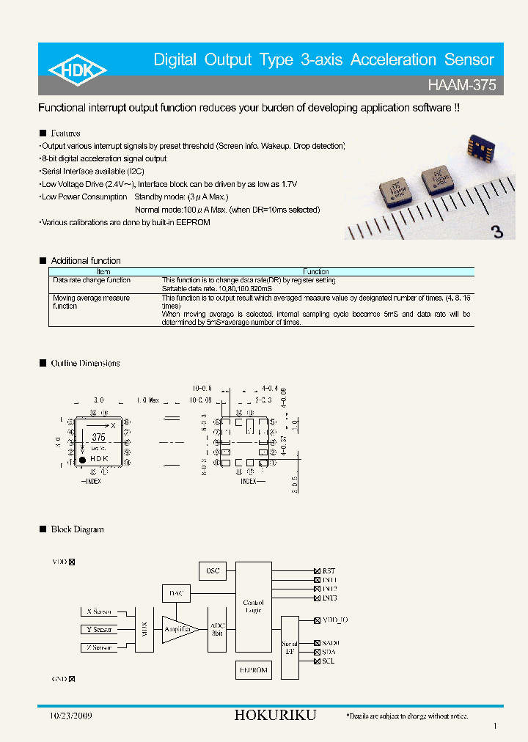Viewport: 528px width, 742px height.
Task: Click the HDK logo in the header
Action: (78, 70)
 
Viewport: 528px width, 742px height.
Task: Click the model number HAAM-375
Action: (462, 85)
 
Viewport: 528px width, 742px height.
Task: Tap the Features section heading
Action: (65, 133)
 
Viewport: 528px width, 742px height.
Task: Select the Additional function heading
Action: (85, 261)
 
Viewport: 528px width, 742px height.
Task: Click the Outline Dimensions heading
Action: (85, 364)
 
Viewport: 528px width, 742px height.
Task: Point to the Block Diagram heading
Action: (77, 529)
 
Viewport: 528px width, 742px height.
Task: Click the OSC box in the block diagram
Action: (213, 570)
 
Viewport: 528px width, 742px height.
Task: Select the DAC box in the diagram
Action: (176, 594)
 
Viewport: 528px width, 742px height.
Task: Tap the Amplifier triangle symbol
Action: (177, 629)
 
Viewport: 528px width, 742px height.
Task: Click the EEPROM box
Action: (254, 669)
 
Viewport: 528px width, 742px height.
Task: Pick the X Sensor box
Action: (98, 611)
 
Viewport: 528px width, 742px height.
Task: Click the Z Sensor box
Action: (98, 647)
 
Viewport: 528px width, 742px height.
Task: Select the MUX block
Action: (143, 629)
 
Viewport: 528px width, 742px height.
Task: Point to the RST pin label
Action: (329, 570)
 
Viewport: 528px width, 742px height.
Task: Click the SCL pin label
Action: (329, 661)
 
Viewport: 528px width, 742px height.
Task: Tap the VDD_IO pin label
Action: (335, 620)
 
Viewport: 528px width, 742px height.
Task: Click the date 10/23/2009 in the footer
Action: (70, 716)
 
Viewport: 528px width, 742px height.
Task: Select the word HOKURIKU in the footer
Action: (275, 716)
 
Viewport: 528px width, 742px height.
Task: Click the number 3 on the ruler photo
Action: (497, 232)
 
